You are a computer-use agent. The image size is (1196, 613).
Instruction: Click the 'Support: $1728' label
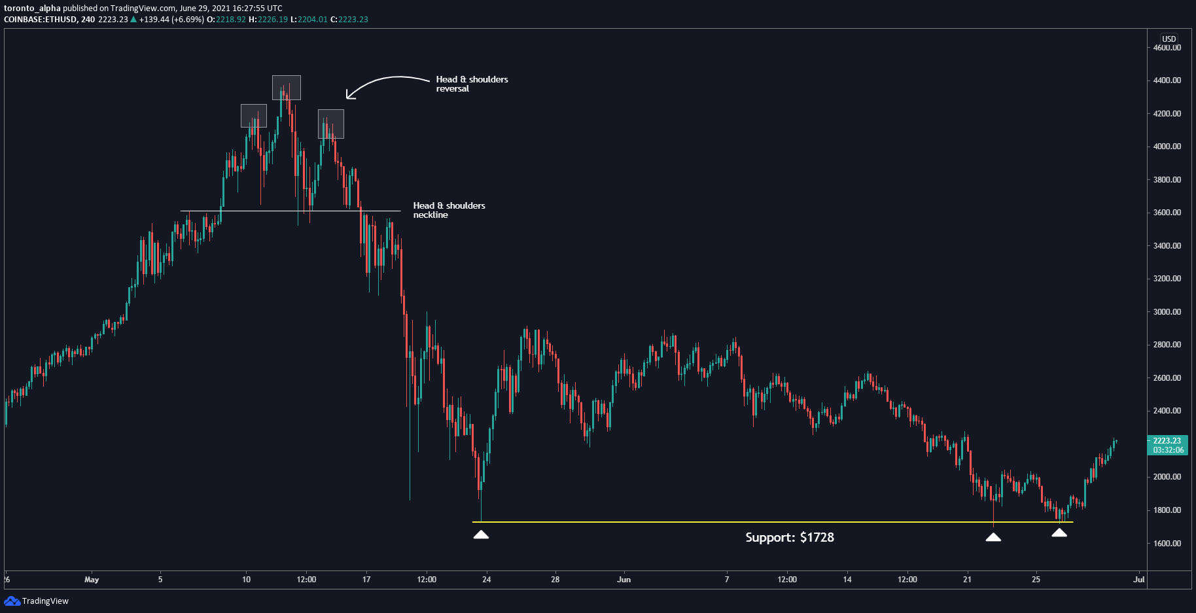point(789,538)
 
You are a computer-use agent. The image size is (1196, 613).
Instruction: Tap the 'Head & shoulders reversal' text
point(472,84)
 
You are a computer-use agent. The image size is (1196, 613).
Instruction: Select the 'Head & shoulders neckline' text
point(449,210)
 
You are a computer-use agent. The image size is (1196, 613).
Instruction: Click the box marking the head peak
point(287,88)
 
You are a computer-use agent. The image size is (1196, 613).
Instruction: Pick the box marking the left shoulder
point(254,116)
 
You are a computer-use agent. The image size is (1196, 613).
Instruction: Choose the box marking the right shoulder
point(331,124)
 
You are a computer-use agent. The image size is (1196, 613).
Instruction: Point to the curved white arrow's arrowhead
point(349,96)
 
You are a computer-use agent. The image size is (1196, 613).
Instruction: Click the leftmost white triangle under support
point(481,535)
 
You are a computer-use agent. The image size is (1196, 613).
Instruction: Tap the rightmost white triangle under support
point(1059,533)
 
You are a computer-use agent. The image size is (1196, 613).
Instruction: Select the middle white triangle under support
point(993,537)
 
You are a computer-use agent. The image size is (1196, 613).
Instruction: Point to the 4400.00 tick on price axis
point(1167,80)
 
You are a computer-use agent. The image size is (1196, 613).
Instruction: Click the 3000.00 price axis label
point(1167,312)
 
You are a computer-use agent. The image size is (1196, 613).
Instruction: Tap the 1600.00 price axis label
point(1167,543)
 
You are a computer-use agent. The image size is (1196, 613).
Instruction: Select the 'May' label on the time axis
point(92,580)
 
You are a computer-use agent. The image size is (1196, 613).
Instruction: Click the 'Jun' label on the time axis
point(624,580)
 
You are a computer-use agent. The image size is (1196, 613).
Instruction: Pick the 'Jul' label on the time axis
point(1139,580)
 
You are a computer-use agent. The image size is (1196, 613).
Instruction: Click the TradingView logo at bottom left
point(37,601)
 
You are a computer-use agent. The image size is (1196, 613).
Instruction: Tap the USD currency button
point(1169,39)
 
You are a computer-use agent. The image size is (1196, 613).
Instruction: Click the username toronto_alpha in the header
point(32,9)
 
